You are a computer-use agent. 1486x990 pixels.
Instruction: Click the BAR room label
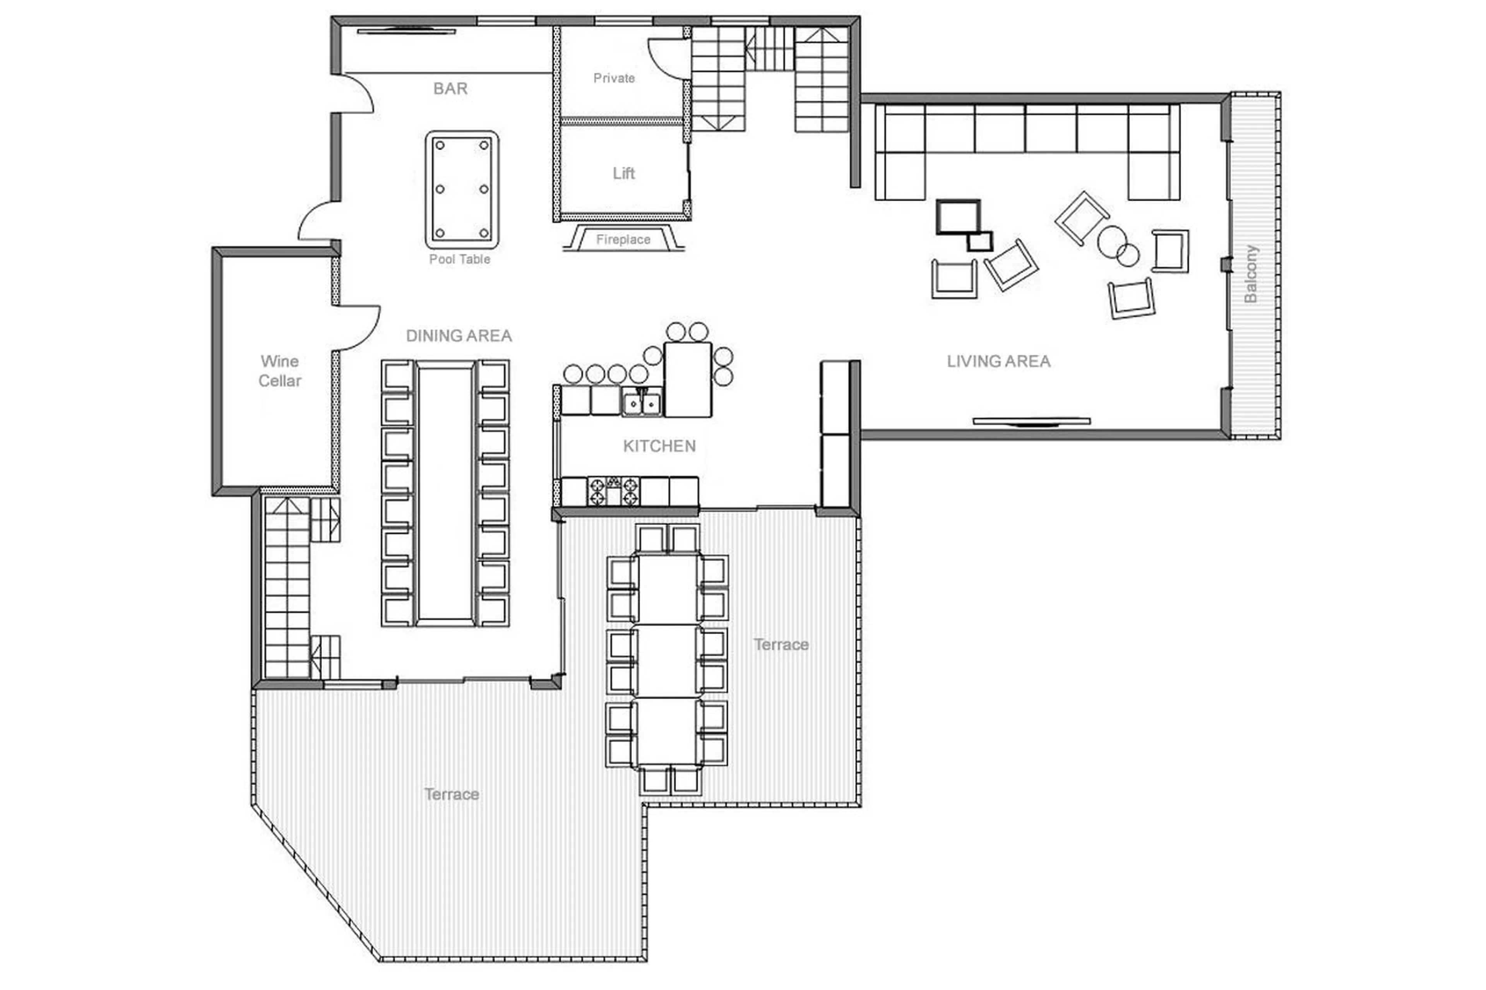tap(450, 88)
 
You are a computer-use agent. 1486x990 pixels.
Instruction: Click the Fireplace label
tap(623, 239)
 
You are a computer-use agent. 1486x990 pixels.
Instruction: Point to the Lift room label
tap(623, 173)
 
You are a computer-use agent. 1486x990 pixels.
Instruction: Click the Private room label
tap(614, 78)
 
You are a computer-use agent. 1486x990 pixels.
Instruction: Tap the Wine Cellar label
tap(280, 371)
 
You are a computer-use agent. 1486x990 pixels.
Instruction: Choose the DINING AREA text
tap(459, 335)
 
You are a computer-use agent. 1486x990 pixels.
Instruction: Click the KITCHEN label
tap(659, 446)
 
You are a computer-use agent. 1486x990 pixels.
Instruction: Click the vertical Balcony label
tap(1250, 274)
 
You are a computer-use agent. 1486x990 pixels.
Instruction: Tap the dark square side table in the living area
tap(958, 217)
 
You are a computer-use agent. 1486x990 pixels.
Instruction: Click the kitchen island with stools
tap(687, 379)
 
